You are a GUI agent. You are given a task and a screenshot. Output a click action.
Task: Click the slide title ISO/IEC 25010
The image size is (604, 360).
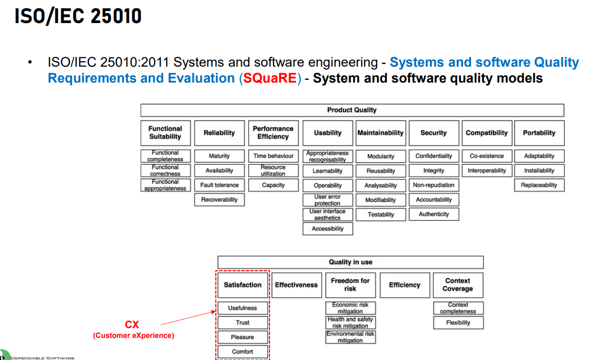pyautogui.click(x=78, y=16)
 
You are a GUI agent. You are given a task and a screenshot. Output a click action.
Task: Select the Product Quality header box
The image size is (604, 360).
pyautogui.click(x=352, y=110)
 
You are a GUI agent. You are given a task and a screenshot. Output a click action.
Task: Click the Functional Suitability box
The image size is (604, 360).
pyautogui.click(x=165, y=133)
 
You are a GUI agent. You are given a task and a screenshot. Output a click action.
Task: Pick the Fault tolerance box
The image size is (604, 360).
pyautogui.click(x=219, y=185)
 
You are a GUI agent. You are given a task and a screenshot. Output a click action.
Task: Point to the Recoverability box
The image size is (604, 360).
pyautogui.click(x=219, y=199)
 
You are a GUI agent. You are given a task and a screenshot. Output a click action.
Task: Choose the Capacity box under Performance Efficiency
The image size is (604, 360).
pyautogui.click(x=273, y=185)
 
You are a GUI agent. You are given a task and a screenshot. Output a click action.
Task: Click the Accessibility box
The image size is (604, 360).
pyautogui.click(x=327, y=229)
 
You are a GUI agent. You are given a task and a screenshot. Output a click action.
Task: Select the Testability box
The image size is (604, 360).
pyautogui.click(x=381, y=214)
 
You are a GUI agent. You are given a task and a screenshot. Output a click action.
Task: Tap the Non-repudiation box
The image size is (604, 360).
pyautogui.click(x=434, y=185)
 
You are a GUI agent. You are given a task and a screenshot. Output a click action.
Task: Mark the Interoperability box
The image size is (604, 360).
pyautogui.click(x=486, y=171)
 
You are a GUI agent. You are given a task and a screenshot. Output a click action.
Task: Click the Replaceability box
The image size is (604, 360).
pyautogui.click(x=539, y=185)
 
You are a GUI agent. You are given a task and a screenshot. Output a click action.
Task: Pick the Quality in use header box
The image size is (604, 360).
pyautogui.click(x=350, y=262)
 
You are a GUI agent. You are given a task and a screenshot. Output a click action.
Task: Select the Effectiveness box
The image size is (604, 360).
pyautogui.click(x=296, y=285)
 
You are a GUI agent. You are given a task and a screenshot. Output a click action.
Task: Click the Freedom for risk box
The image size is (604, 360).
pyautogui.click(x=350, y=285)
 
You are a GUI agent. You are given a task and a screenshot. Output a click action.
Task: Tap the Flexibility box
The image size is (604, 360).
pyautogui.click(x=458, y=323)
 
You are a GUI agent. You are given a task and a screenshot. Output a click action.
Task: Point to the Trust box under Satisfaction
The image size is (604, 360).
pyautogui.click(x=242, y=323)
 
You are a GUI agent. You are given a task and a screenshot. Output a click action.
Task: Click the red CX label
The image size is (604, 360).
pyautogui.click(x=132, y=325)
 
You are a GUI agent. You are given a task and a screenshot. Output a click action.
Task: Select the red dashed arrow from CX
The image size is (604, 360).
pyautogui.click(x=187, y=318)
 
